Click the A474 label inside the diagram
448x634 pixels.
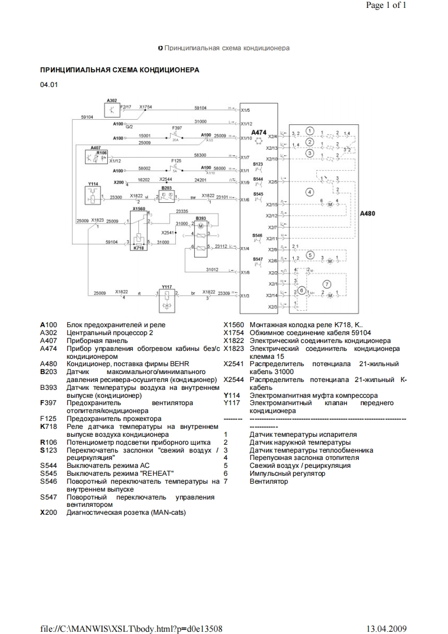point(259,132)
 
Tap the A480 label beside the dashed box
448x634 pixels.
point(369,215)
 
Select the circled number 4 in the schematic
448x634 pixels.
point(309,192)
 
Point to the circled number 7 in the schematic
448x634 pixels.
point(325,283)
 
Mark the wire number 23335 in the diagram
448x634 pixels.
point(182,211)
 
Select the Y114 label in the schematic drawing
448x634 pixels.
point(93,184)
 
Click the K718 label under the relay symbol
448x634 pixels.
point(138,247)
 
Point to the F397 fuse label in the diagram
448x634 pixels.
point(177,128)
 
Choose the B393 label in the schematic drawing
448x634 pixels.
point(201,218)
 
